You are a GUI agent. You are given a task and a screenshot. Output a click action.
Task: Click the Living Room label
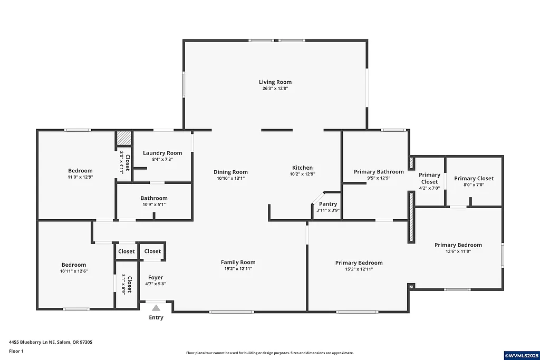[275, 82]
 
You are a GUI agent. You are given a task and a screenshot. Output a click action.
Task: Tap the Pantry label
[328, 204]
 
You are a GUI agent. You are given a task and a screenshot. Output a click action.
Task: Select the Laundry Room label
[162, 153]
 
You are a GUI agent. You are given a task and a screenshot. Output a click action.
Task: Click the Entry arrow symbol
[156, 308]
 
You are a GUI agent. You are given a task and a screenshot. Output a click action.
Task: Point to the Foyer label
[156, 277]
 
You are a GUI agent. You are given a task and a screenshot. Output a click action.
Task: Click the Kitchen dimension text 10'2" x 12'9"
[302, 174]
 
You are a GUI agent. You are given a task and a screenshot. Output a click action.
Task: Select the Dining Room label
[230, 172]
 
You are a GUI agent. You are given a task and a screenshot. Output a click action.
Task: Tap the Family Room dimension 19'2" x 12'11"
[238, 269]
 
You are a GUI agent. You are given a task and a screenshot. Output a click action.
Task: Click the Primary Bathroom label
[379, 171]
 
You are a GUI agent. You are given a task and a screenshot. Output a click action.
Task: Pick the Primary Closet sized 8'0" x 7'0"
[474, 178]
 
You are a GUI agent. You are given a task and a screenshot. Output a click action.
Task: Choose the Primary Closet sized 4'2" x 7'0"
[429, 178]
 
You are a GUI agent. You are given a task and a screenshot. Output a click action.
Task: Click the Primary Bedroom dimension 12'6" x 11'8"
[458, 251]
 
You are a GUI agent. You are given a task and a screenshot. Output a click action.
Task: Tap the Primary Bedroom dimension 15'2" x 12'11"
[359, 269]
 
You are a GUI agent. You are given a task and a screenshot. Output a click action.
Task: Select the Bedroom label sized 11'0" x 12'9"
[80, 170]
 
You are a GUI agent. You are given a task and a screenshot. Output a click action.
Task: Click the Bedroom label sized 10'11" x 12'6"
[73, 265]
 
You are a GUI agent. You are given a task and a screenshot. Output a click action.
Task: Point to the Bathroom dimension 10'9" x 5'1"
[154, 205]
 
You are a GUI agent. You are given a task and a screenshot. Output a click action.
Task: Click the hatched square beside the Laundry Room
[124, 138]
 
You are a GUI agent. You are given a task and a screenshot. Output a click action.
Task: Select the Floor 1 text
[16, 351]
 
